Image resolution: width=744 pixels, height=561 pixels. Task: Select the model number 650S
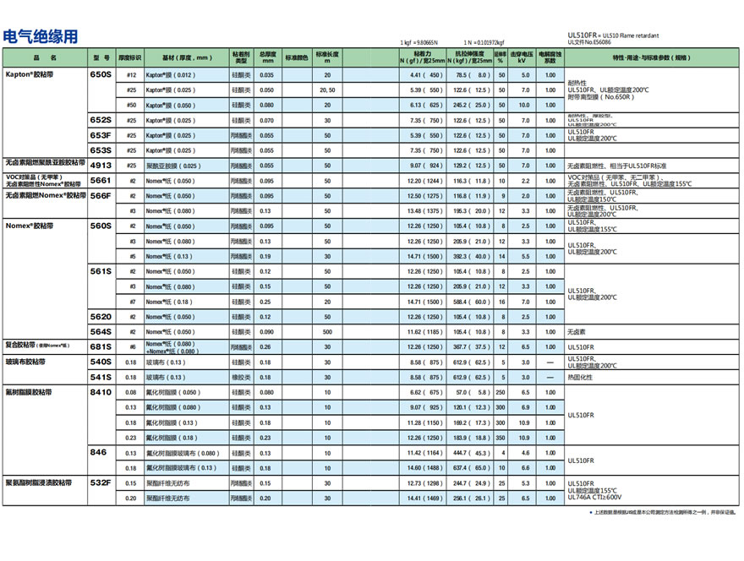[101, 75]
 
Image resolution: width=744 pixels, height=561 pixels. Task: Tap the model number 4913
[101, 165]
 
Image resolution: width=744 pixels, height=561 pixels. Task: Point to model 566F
[101, 195]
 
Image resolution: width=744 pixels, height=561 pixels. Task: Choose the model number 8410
[101, 392]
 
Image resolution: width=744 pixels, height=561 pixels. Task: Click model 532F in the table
[101, 482]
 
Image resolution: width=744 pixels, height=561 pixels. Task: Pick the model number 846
[99, 452]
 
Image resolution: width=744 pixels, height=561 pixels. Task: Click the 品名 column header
[46, 58]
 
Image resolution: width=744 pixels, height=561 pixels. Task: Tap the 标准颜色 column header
[296, 58]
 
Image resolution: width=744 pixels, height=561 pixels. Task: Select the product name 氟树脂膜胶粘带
[29, 392]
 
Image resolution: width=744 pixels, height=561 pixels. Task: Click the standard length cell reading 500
[327, 331]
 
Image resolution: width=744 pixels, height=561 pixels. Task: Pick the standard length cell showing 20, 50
[327, 90]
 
